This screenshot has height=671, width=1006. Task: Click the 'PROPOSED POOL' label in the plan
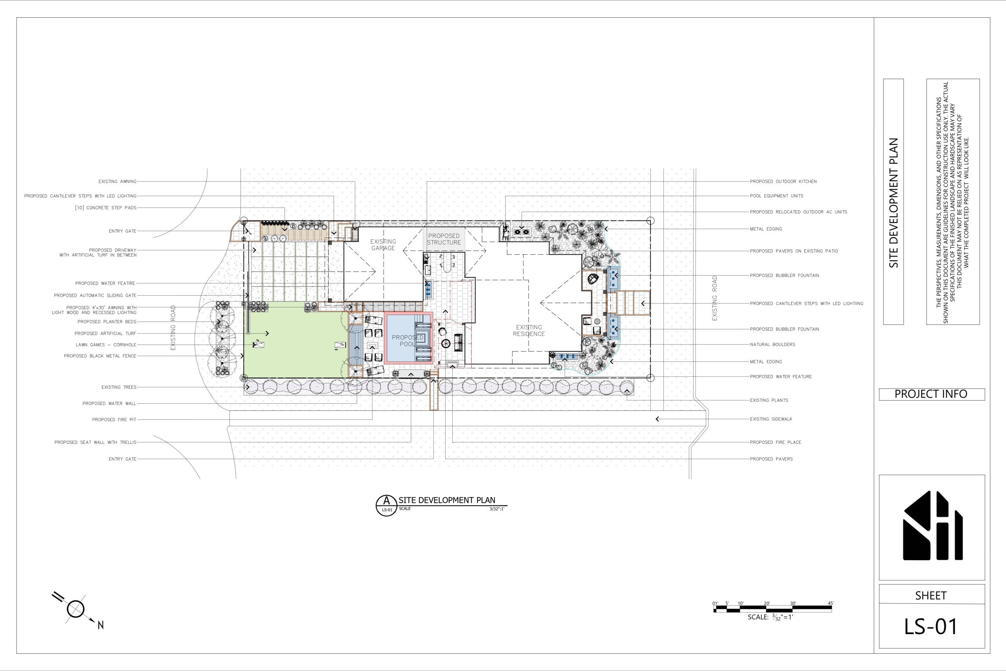pos(408,341)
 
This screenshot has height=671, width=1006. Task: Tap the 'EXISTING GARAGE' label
pos(383,245)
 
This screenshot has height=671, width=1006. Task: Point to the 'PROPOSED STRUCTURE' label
pos(444,239)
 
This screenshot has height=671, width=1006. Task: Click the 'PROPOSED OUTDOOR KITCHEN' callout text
pos(783,182)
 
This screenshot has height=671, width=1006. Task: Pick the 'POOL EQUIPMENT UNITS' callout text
pos(777,196)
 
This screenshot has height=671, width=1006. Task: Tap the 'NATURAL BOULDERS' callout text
pos(773,344)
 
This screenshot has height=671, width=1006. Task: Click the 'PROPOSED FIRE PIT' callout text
pos(114,420)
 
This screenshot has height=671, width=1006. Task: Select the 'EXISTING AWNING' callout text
pos(117,182)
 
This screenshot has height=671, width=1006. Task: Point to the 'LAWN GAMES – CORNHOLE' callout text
pos(106,345)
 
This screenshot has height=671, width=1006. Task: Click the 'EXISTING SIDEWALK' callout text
pos(771,419)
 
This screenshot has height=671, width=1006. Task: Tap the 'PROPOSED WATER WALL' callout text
pos(110,404)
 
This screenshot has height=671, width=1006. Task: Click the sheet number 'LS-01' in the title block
pos(931,627)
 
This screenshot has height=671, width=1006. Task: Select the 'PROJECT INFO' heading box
pos(932,394)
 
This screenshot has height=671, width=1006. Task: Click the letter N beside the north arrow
pos(101,625)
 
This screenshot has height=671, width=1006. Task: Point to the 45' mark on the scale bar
pos(831,603)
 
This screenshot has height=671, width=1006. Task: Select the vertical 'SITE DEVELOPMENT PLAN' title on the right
pos(894,203)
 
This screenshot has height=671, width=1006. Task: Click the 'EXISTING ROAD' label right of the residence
pos(715,298)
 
